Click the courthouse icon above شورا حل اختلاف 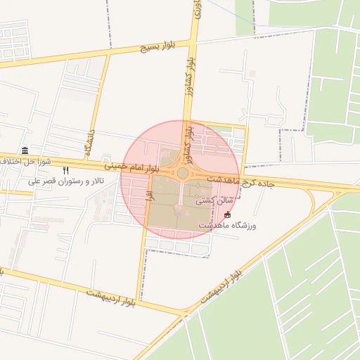click(25, 151)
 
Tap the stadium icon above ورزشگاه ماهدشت click(226, 214)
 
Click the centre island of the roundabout click(183, 173)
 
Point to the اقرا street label click(149, 199)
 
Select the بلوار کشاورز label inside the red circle click(188, 139)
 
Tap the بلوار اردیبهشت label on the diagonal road click(221, 283)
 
